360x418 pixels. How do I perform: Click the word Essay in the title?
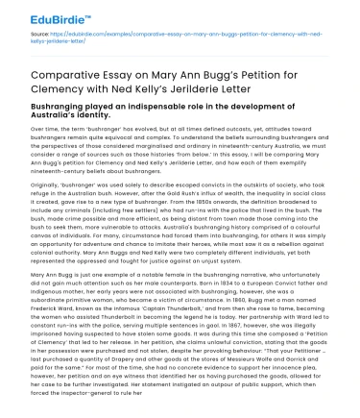135,74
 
